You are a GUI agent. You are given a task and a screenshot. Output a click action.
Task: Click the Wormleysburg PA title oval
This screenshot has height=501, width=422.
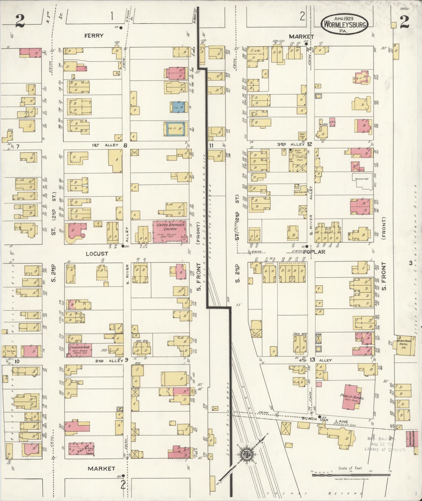345,25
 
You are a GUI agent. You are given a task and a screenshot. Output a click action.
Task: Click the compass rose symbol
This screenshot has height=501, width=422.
245,454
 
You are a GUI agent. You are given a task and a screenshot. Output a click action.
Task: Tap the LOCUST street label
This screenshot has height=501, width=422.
97,254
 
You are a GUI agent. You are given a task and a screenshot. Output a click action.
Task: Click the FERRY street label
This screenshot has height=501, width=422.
94,36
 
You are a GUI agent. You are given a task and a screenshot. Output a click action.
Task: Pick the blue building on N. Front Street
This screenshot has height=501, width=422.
178,107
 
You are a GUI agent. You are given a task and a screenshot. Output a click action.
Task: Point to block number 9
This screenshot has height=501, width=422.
126,360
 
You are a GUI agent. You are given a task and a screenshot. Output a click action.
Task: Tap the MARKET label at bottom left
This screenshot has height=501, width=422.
102,469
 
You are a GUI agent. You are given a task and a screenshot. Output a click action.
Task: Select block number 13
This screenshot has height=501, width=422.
312,360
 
